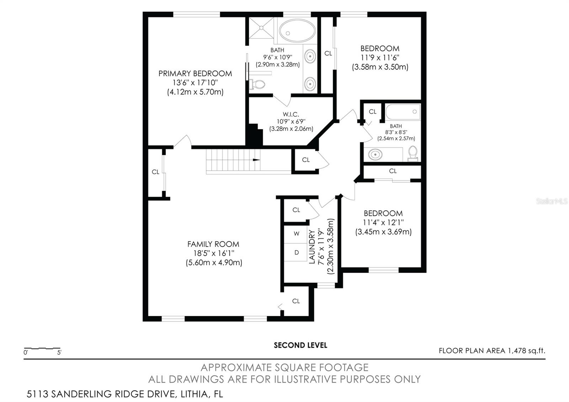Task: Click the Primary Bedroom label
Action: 195,74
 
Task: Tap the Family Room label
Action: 213,244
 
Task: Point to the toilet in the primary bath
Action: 257,85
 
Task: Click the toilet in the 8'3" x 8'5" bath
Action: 413,153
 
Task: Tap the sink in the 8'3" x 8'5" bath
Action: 375,154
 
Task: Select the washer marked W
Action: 296,234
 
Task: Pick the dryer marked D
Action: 296,253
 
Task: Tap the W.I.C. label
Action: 291,114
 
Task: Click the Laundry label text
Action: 312,247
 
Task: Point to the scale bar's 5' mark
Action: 59,353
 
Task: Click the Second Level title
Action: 300,345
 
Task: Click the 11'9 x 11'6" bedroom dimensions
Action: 380,58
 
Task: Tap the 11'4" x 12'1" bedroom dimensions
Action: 383,223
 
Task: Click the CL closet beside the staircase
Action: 305,160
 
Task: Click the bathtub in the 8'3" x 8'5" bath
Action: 403,112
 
